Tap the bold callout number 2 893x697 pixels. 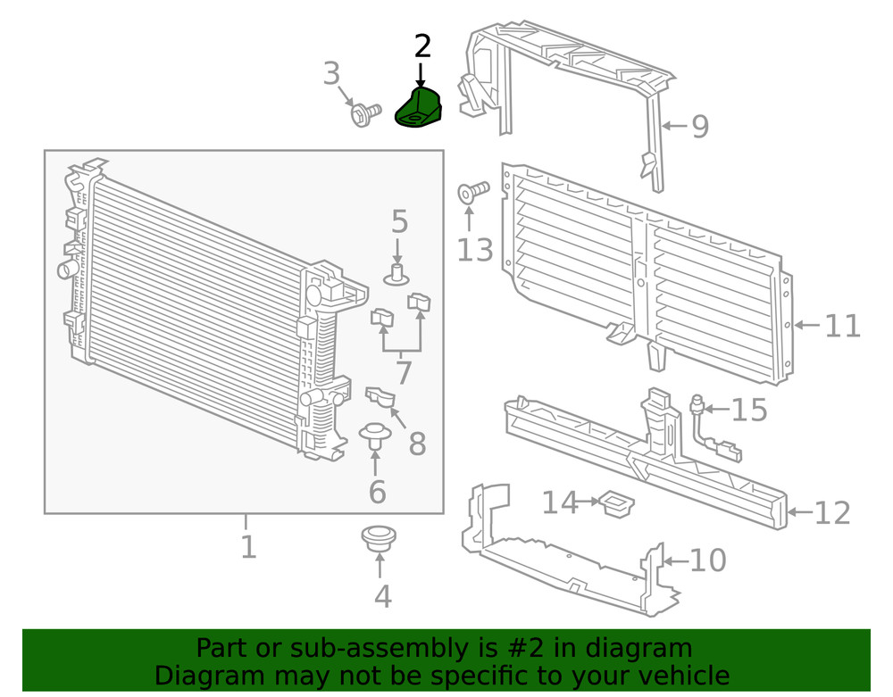pos(422,46)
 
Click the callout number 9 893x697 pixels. pos(699,127)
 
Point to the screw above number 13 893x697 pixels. pos(473,191)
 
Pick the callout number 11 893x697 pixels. pos(841,326)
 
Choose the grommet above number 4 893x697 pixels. pos(380,538)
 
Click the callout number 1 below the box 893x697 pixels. pos(248,546)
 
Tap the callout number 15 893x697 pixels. pos(749,410)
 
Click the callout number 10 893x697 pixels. pos(707,560)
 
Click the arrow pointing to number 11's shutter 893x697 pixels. pos(805,326)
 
